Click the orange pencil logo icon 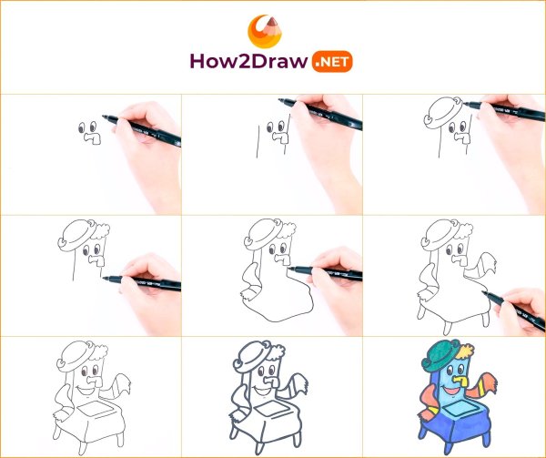coord(265,31)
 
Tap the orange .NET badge coord(332,62)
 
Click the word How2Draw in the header coord(248,62)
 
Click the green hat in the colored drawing coord(441,354)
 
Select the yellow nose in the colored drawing coord(460,381)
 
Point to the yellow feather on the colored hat coord(466,351)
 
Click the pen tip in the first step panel coord(104,117)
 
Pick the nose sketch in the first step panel coord(93,137)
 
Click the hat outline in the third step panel coord(443,113)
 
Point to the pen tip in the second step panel coord(280,100)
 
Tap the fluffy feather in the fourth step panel coord(101,229)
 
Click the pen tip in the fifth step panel coord(289,269)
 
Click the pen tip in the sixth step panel coord(484,292)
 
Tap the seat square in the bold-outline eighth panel coord(272,408)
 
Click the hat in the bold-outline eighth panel coord(252,357)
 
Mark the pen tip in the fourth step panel coord(105,279)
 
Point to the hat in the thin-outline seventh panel coord(76,357)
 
